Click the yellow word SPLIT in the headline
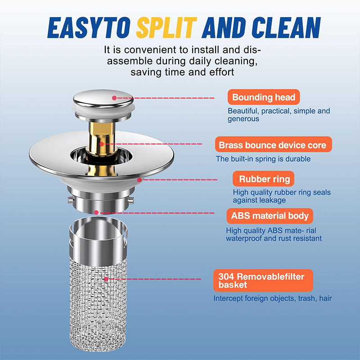[x=166, y=27]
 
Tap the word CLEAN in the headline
[x=286, y=27]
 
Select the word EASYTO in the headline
[x=89, y=27]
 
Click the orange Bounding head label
[x=264, y=97]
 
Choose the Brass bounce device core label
[x=274, y=144]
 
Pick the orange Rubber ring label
[x=263, y=179]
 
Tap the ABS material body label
[x=270, y=216]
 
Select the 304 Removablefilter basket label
[x=263, y=280]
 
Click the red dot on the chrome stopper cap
[x=114, y=98]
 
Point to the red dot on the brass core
[x=102, y=144]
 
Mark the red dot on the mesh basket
[x=106, y=279]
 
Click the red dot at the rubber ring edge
[x=139, y=180]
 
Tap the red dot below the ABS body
[x=96, y=212]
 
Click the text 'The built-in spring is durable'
[x=263, y=159]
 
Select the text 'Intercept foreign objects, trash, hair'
[x=273, y=298]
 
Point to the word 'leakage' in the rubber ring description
[x=273, y=200]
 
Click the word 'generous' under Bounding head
[x=243, y=119]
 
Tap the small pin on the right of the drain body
[x=130, y=200]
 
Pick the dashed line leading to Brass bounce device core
[x=153, y=144]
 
